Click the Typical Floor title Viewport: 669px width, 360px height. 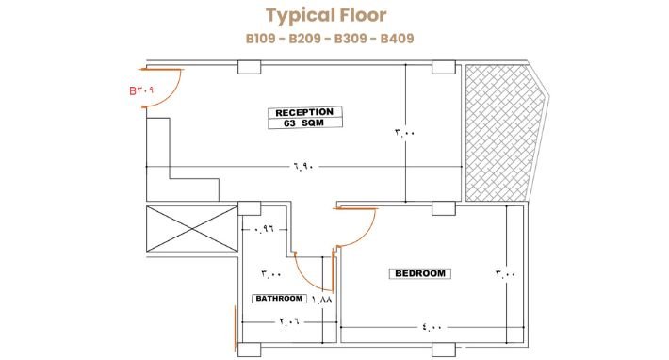326,16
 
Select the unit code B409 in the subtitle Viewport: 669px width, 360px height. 397,39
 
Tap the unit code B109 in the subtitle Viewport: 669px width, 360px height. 262,39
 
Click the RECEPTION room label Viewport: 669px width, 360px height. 304,112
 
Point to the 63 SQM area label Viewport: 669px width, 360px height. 303,123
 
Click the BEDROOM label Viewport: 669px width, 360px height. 420,273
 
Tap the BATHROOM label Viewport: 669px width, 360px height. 279,299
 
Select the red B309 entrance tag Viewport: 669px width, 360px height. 141,90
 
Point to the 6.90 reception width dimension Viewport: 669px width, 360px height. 303,166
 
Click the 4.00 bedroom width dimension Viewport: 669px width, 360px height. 432,327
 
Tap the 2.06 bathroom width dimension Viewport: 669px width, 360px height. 289,320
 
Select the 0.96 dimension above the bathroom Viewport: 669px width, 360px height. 264,230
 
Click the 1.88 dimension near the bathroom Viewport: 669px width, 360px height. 321,300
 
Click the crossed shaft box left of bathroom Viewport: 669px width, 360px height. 192,229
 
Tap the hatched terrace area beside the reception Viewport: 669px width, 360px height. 503,133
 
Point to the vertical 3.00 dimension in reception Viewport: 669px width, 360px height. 405,133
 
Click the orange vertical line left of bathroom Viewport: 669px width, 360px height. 235,327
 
